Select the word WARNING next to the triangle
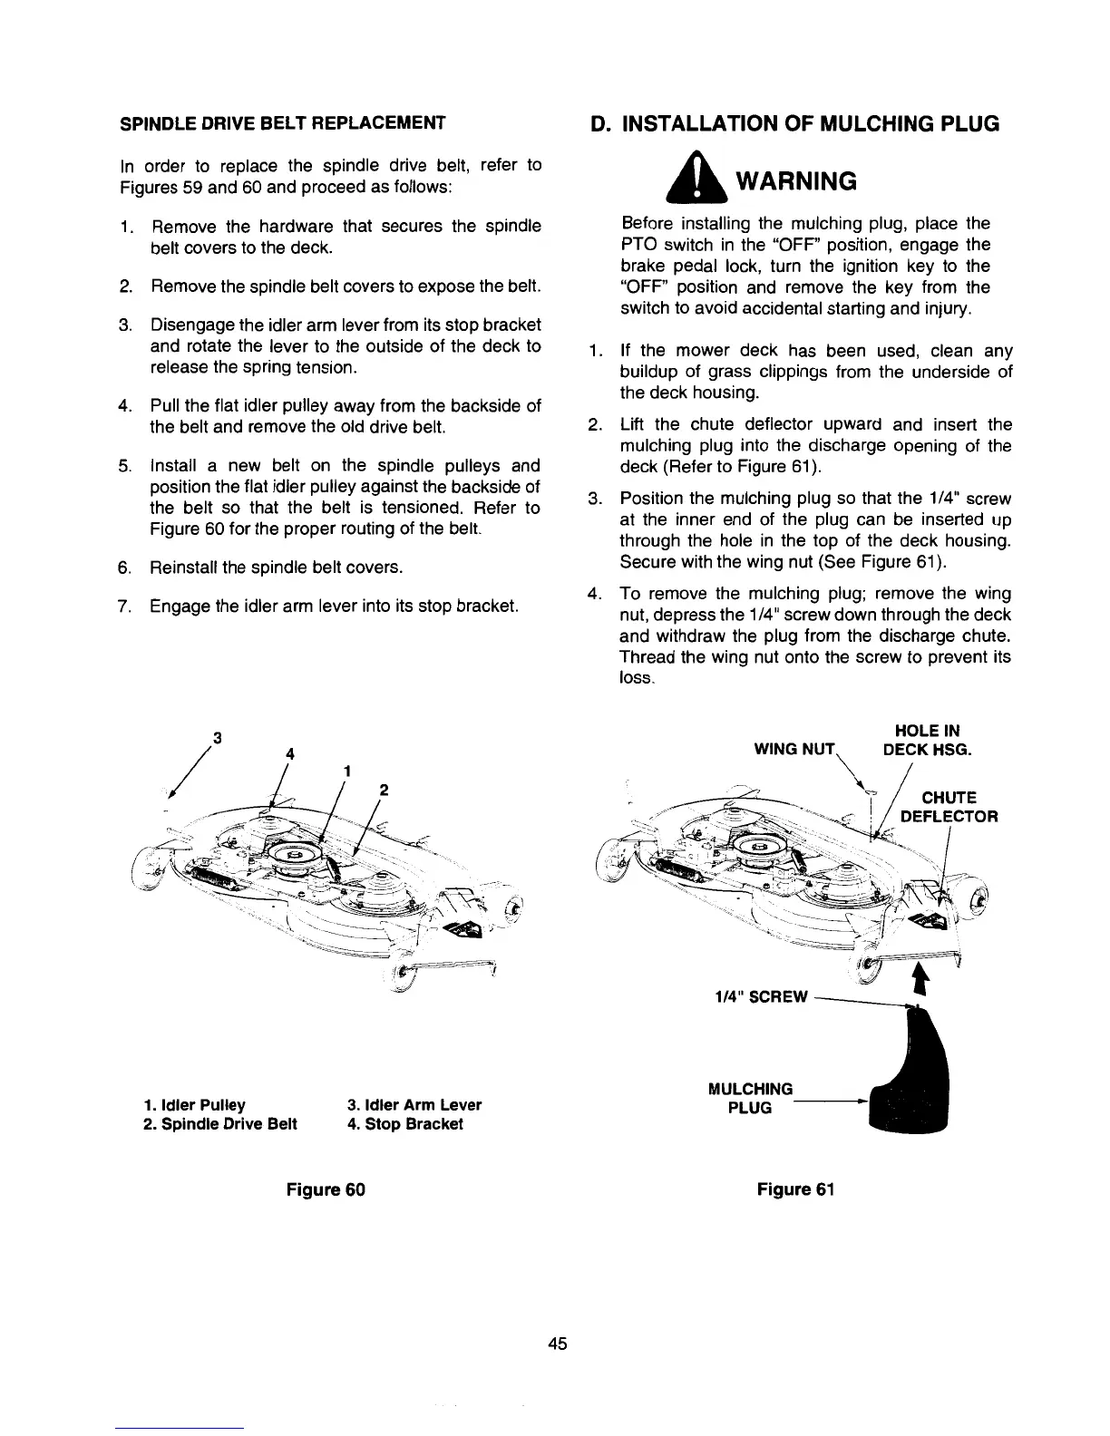tap(794, 181)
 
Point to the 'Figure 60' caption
tap(326, 1189)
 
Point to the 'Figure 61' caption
tap(794, 1189)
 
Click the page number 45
tap(557, 1344)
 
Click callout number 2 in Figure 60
tap(384, 790)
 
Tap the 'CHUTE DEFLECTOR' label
tap(949, 807)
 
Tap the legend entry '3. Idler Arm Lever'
tap(414, 1104)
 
